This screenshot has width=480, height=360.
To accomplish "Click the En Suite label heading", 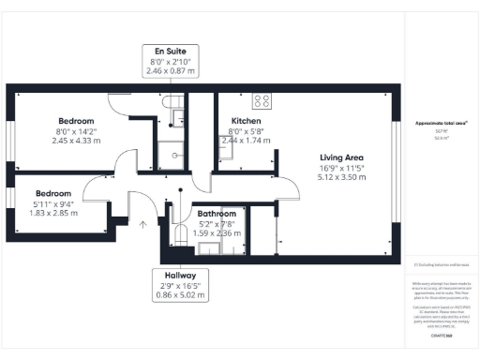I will (170, 50).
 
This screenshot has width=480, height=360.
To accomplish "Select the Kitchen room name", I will (246, 121).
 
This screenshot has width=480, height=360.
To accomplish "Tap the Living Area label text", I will (341, 157).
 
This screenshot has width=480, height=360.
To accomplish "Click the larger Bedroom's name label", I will (76, 121).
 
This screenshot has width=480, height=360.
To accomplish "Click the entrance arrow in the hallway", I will (142, 224).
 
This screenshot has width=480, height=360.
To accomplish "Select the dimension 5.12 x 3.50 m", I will (341, 175).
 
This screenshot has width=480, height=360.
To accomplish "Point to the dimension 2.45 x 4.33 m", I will (76, 140).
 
